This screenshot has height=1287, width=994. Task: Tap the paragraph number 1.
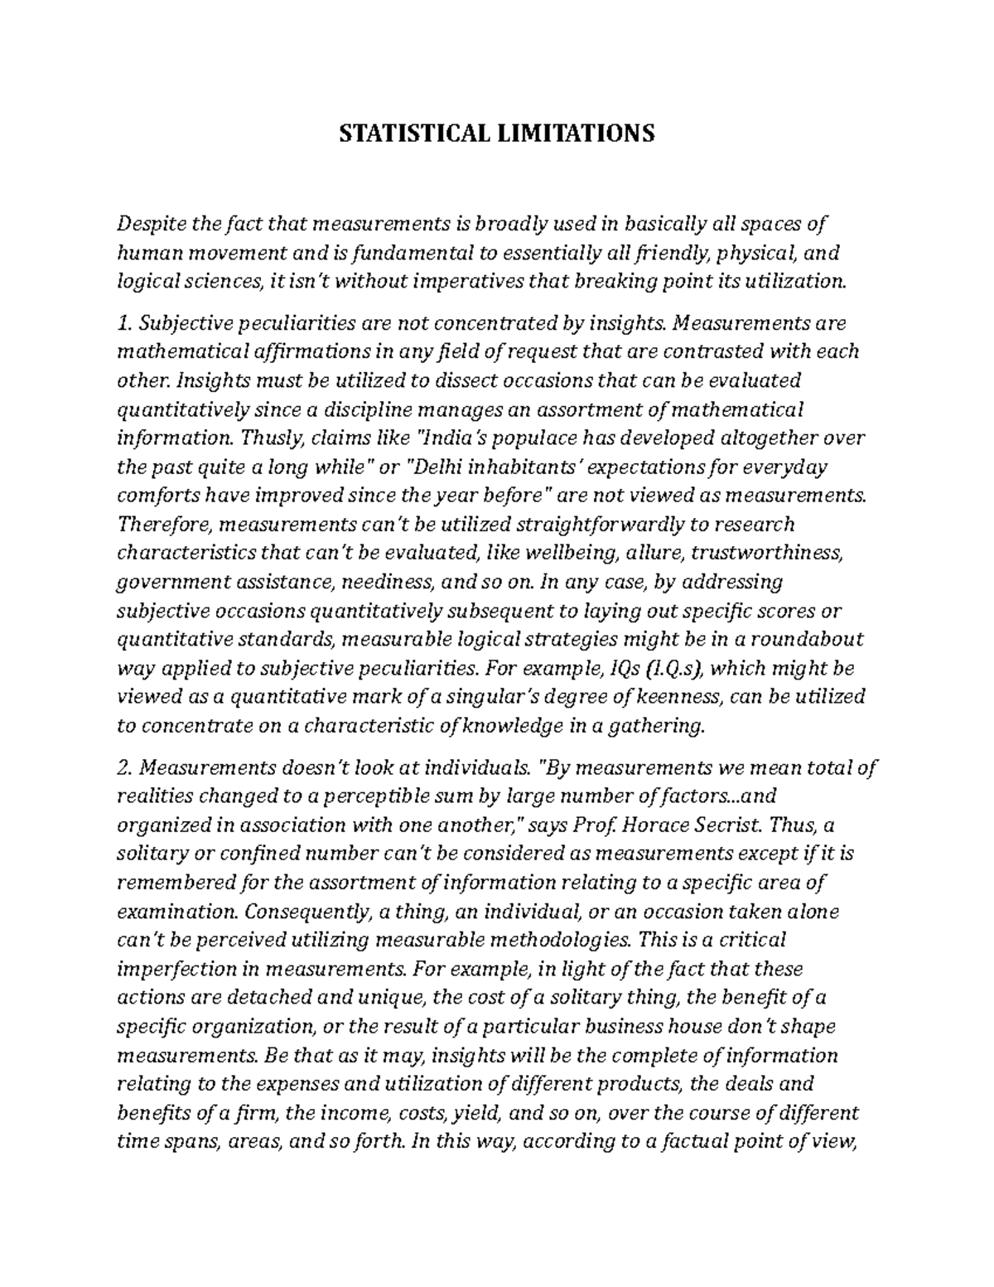tap(123, 322)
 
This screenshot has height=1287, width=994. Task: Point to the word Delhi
tap(437, 467)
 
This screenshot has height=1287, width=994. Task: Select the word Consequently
tap(306, 912)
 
